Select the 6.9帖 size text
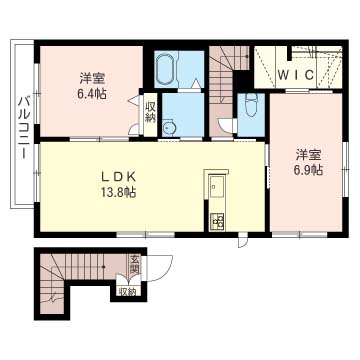point(308,171)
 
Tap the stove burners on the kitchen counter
point(215,220)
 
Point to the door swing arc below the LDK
point(241,240)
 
